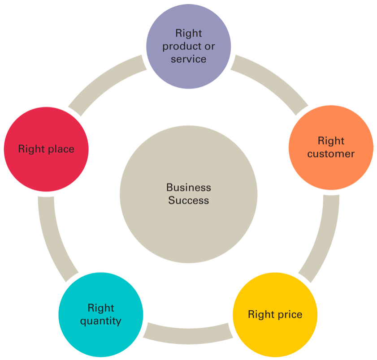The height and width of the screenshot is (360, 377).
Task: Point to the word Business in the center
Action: (188, 188)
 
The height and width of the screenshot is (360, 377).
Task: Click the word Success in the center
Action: (188, 200)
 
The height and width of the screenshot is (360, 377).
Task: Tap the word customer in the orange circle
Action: (331, 154)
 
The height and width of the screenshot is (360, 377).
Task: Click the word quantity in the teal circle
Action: (101, 321)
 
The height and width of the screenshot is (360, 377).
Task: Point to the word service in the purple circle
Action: (188, 59)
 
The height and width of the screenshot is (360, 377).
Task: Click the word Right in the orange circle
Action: (331, 141)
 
